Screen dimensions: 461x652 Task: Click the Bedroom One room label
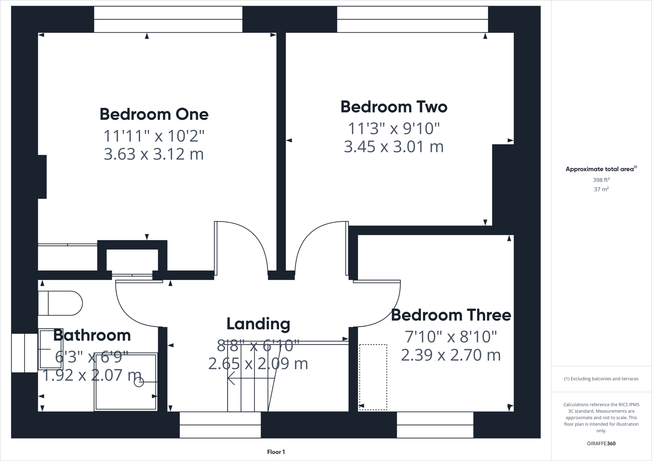point(154,114)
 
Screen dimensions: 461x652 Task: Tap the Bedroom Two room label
point(394,107)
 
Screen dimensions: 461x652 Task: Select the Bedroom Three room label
point(451,315)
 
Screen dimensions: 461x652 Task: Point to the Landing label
point(258,324)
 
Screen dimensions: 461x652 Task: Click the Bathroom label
point(92,335)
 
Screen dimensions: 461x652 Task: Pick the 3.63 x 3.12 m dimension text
point(154,154)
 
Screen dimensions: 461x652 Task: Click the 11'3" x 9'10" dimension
point(394,128)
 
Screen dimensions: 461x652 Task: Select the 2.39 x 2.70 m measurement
point(451,355)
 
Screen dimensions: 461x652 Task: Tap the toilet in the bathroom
point(60,303)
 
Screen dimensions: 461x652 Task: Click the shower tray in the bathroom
point(126,382)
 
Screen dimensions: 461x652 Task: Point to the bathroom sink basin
point(50,349)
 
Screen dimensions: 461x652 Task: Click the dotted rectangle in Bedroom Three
point(373,377)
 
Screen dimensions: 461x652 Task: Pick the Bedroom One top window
point(168,19)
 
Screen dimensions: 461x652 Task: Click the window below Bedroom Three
point(435,425)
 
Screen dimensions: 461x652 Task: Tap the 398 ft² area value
point(601,180)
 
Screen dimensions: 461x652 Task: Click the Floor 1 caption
point(276,452)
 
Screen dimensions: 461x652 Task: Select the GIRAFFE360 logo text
point(601,443)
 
